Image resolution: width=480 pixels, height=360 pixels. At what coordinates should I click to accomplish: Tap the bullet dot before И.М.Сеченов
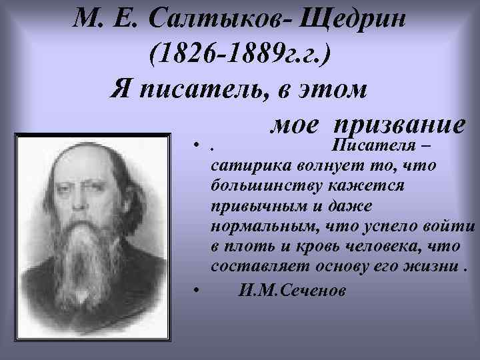point(196,291)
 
